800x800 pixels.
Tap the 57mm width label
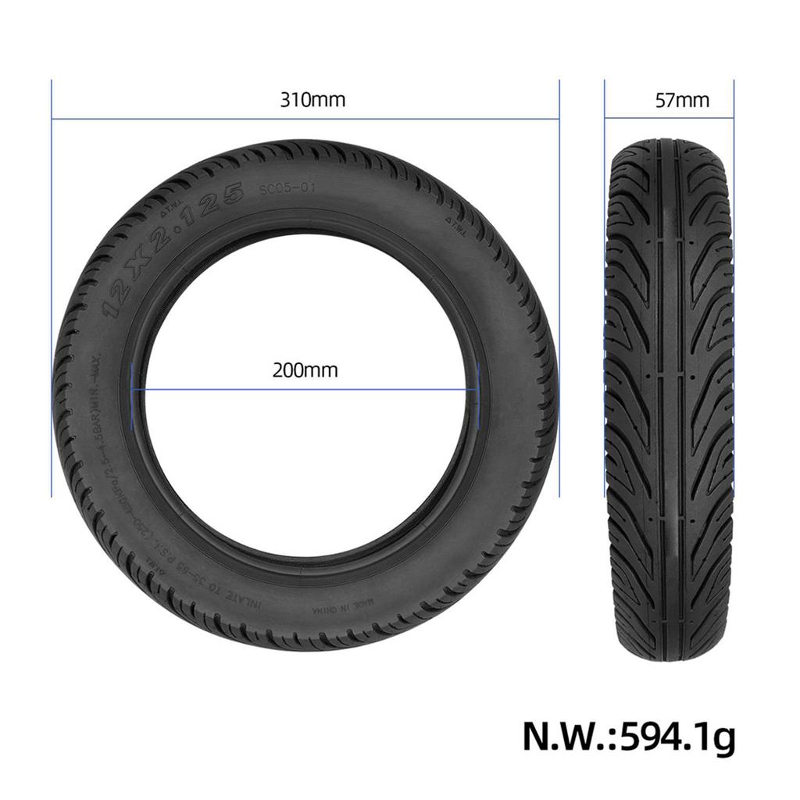tap(682, 100)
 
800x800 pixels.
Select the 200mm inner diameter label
tap(305, 370)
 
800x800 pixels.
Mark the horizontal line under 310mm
tap(305, 120)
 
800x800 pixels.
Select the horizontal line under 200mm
tap(305, 388)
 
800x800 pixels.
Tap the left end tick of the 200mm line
tap(135, 388)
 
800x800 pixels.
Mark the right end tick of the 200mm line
tap(477, 388)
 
